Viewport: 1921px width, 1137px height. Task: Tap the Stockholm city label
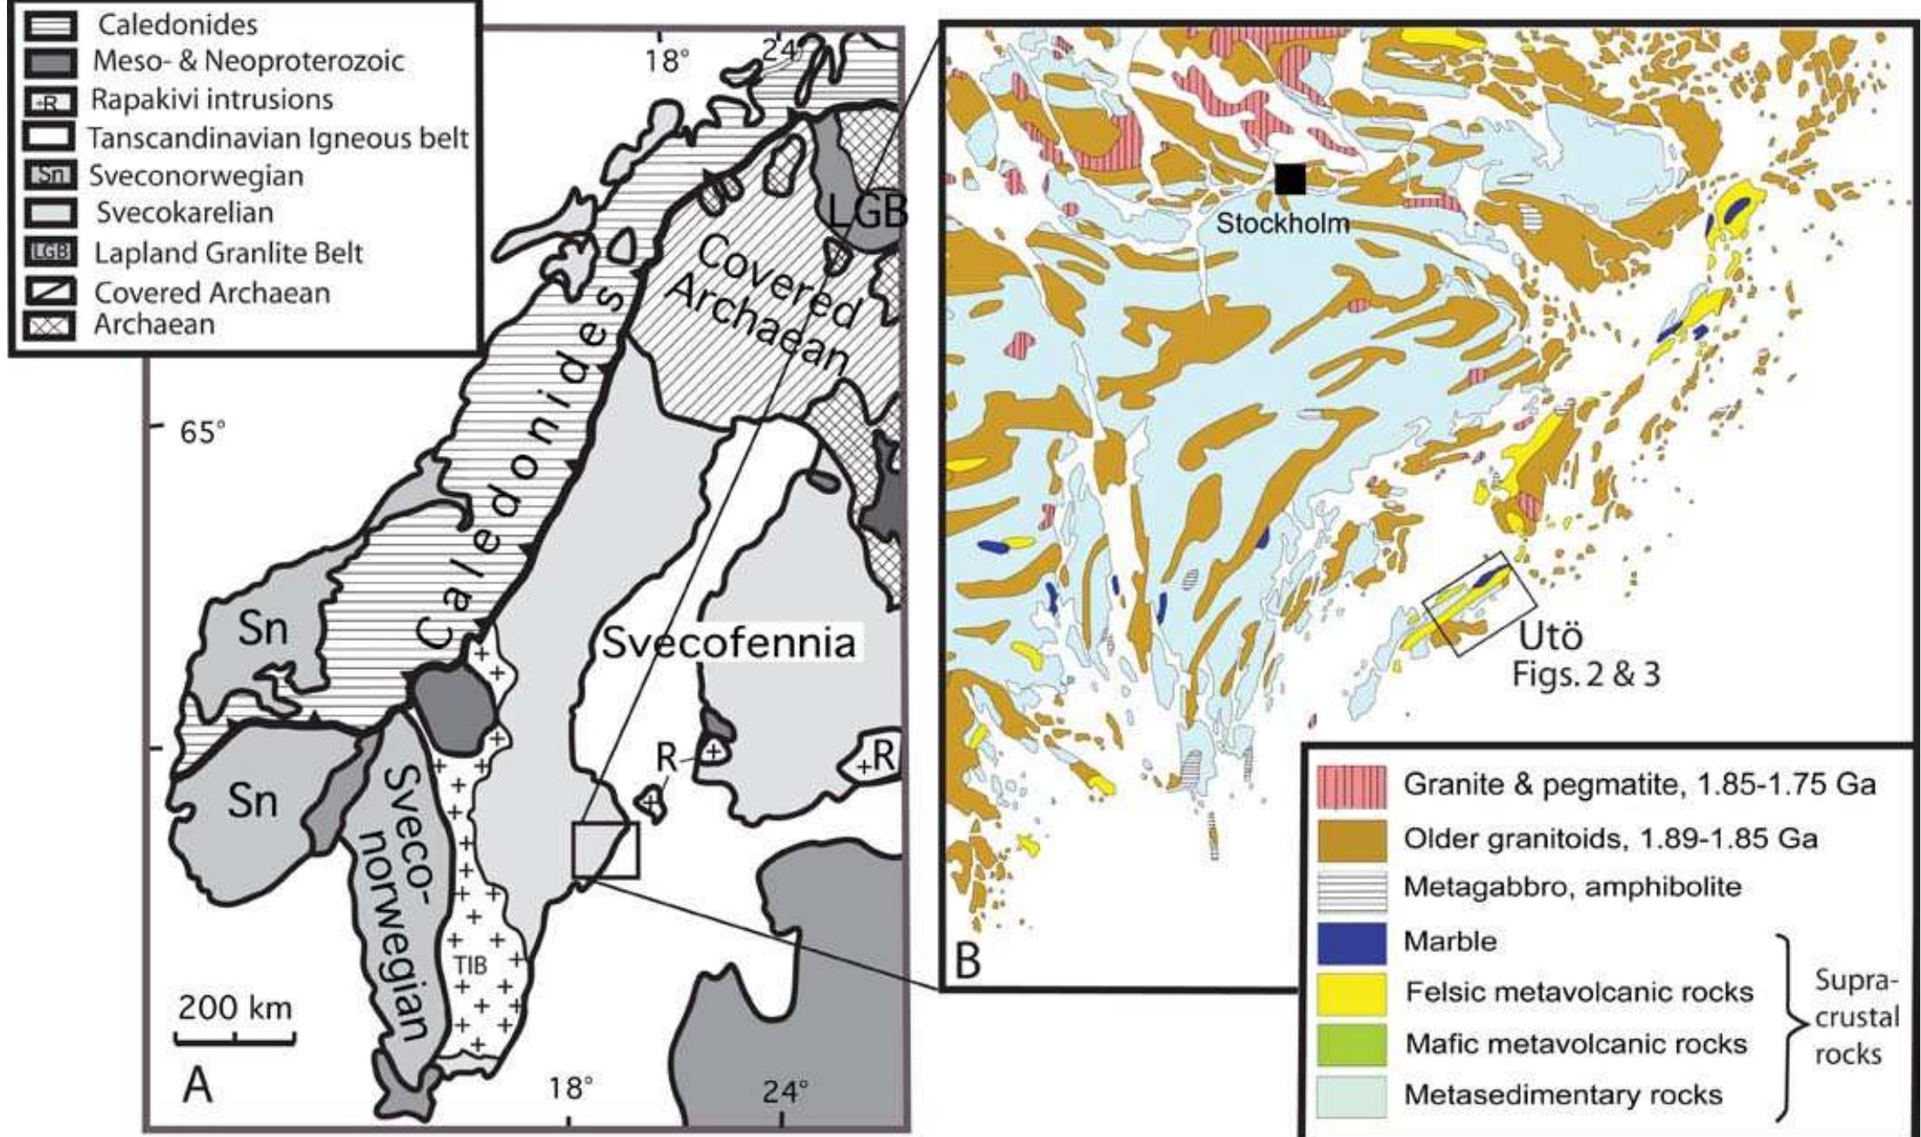click(x=1282, y=223)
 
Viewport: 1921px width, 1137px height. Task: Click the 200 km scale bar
click(x=234, y=1038)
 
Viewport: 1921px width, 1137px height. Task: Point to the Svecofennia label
click(x=728, y=644)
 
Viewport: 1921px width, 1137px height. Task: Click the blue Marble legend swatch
click(x=1351, y=942)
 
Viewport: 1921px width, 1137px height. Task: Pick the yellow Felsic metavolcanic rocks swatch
click(x=1351, y=993)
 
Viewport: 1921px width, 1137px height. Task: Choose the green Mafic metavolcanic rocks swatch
click(x=1351, y=1044)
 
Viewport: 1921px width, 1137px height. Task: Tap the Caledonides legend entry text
click(x=177, y=24)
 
